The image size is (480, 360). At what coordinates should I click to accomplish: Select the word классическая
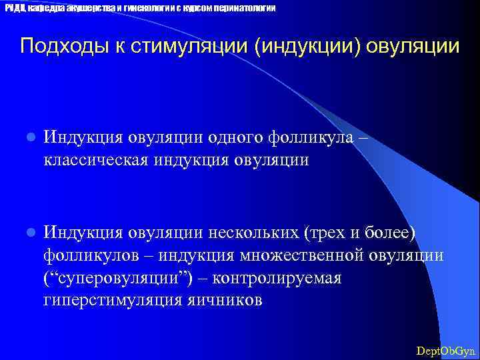[x=94, y=160]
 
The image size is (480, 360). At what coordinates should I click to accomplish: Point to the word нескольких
[x=253, y=232]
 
